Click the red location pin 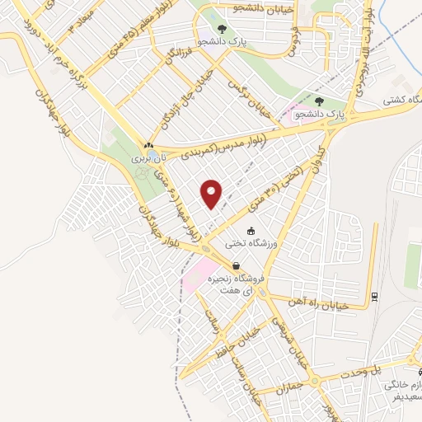click(x=213, y=195)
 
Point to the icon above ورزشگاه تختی click(x=251, y=232)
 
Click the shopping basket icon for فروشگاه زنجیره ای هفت click(x=237, y=266)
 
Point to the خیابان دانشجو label click(x=238, y=8)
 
